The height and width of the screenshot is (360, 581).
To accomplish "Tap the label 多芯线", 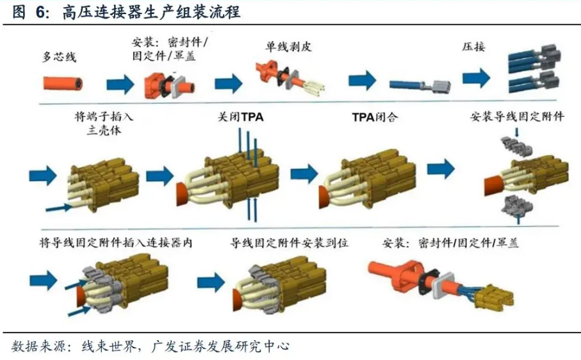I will coord(59,58).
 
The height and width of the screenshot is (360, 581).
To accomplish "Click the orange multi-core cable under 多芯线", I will coord(62,83).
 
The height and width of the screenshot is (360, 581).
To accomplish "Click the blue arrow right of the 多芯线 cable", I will coord(119,84).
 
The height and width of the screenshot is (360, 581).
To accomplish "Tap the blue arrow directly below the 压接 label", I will coord(476,78).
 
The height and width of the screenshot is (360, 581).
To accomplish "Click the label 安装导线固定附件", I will coord(517,117).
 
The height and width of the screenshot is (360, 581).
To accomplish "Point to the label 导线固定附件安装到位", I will coord(290,243).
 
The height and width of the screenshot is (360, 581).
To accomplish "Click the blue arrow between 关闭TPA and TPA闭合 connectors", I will coord(304,173).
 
